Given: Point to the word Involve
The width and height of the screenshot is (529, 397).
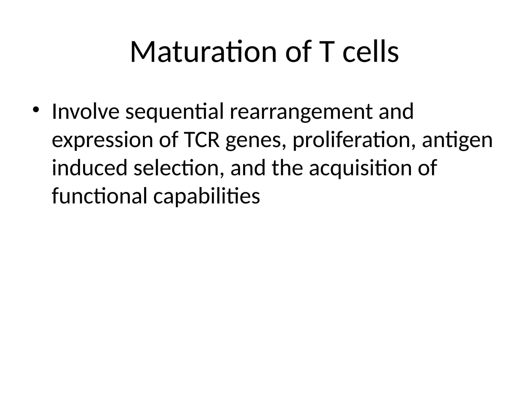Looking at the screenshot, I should click(x=85, y=112).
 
